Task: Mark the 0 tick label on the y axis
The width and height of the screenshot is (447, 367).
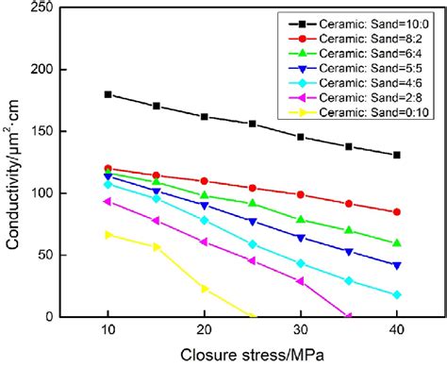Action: [53, 316]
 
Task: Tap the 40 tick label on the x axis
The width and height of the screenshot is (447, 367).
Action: [396, 329]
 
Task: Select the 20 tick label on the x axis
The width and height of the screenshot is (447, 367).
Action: [204, 329]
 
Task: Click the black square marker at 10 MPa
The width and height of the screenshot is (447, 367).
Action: [108, 94]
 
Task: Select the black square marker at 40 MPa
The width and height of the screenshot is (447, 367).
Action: [396, 155]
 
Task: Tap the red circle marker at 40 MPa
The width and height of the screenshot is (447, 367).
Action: [396, 212]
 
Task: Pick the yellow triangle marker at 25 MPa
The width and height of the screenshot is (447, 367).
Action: [252, 315]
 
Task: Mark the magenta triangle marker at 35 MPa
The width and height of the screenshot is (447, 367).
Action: [348, 315]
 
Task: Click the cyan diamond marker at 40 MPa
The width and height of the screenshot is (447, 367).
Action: [396, 294]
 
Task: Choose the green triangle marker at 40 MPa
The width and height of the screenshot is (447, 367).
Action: [396, 243]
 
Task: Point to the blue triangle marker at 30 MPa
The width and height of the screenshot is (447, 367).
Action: [300, 238]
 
